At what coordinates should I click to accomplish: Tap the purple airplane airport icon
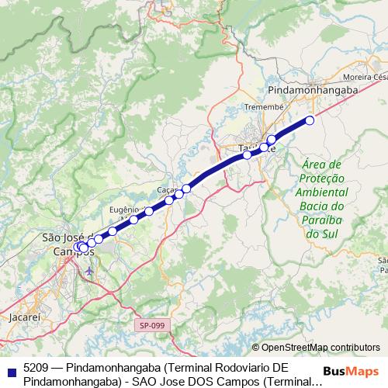coord(91,271)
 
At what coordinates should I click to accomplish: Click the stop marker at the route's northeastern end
coord(310,120)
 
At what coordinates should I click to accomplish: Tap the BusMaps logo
coord(356,371)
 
